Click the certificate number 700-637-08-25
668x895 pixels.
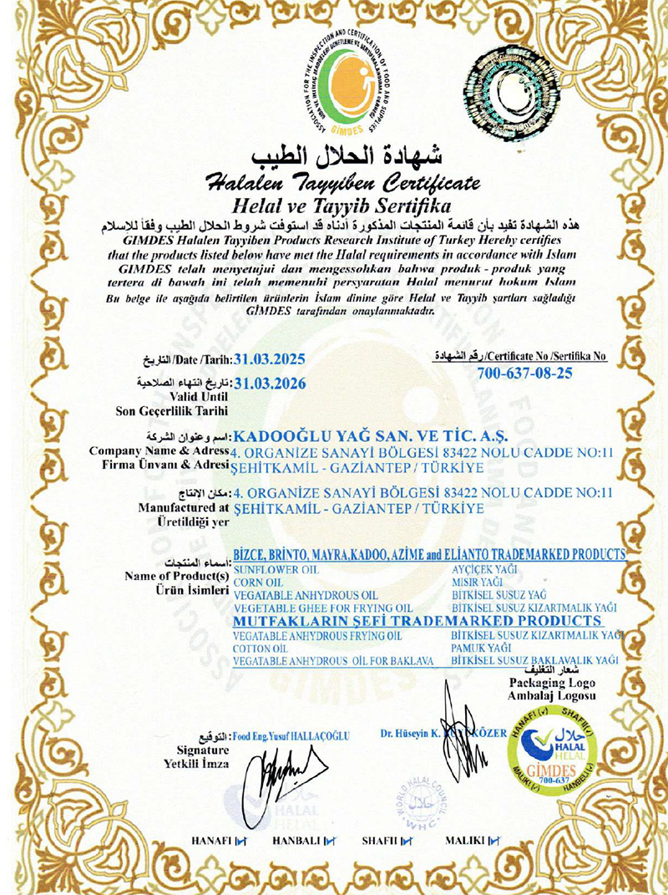tap(524, 373)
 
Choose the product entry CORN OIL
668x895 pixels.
tap(259, 581)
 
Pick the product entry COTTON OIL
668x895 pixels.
tap(261, 648)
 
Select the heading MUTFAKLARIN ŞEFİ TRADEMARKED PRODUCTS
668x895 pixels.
tap(417, 622)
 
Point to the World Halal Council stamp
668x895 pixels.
tap(424, 803)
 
